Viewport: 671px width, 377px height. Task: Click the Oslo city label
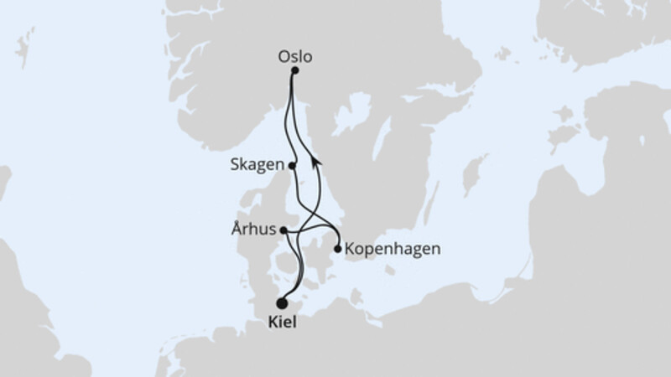tap(294, 57)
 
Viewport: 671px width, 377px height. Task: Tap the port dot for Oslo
tap(294, 72)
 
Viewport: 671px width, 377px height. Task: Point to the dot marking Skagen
tap(292, 166)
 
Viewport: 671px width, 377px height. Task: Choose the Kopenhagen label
tap(381, 249)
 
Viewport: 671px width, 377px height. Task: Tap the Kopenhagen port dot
tap(337, 249)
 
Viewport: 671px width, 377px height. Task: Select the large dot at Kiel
tap(282, 304)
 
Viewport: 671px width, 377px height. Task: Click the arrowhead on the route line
tap(315, 160)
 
